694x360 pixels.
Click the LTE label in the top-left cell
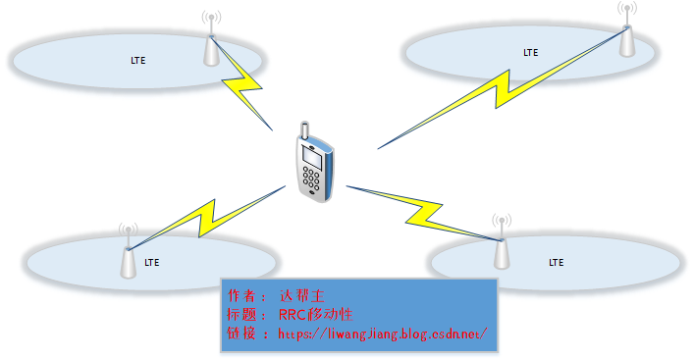coord(138,60)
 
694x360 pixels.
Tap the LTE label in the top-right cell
coord(530,51)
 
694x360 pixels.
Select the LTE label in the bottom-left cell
coord(152,262)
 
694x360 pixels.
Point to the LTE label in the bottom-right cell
coord(557,262)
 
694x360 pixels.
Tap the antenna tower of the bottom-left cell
coord(128,257)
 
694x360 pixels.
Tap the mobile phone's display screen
coord(312,157)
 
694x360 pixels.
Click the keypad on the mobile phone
coord(313,181)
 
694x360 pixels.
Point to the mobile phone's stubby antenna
coord(304,131)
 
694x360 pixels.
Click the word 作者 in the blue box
coord(240,295)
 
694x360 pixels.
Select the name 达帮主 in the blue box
coord(300,295)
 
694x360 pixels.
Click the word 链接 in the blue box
coord(240,334)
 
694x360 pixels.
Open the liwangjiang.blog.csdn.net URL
coord(383,334)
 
